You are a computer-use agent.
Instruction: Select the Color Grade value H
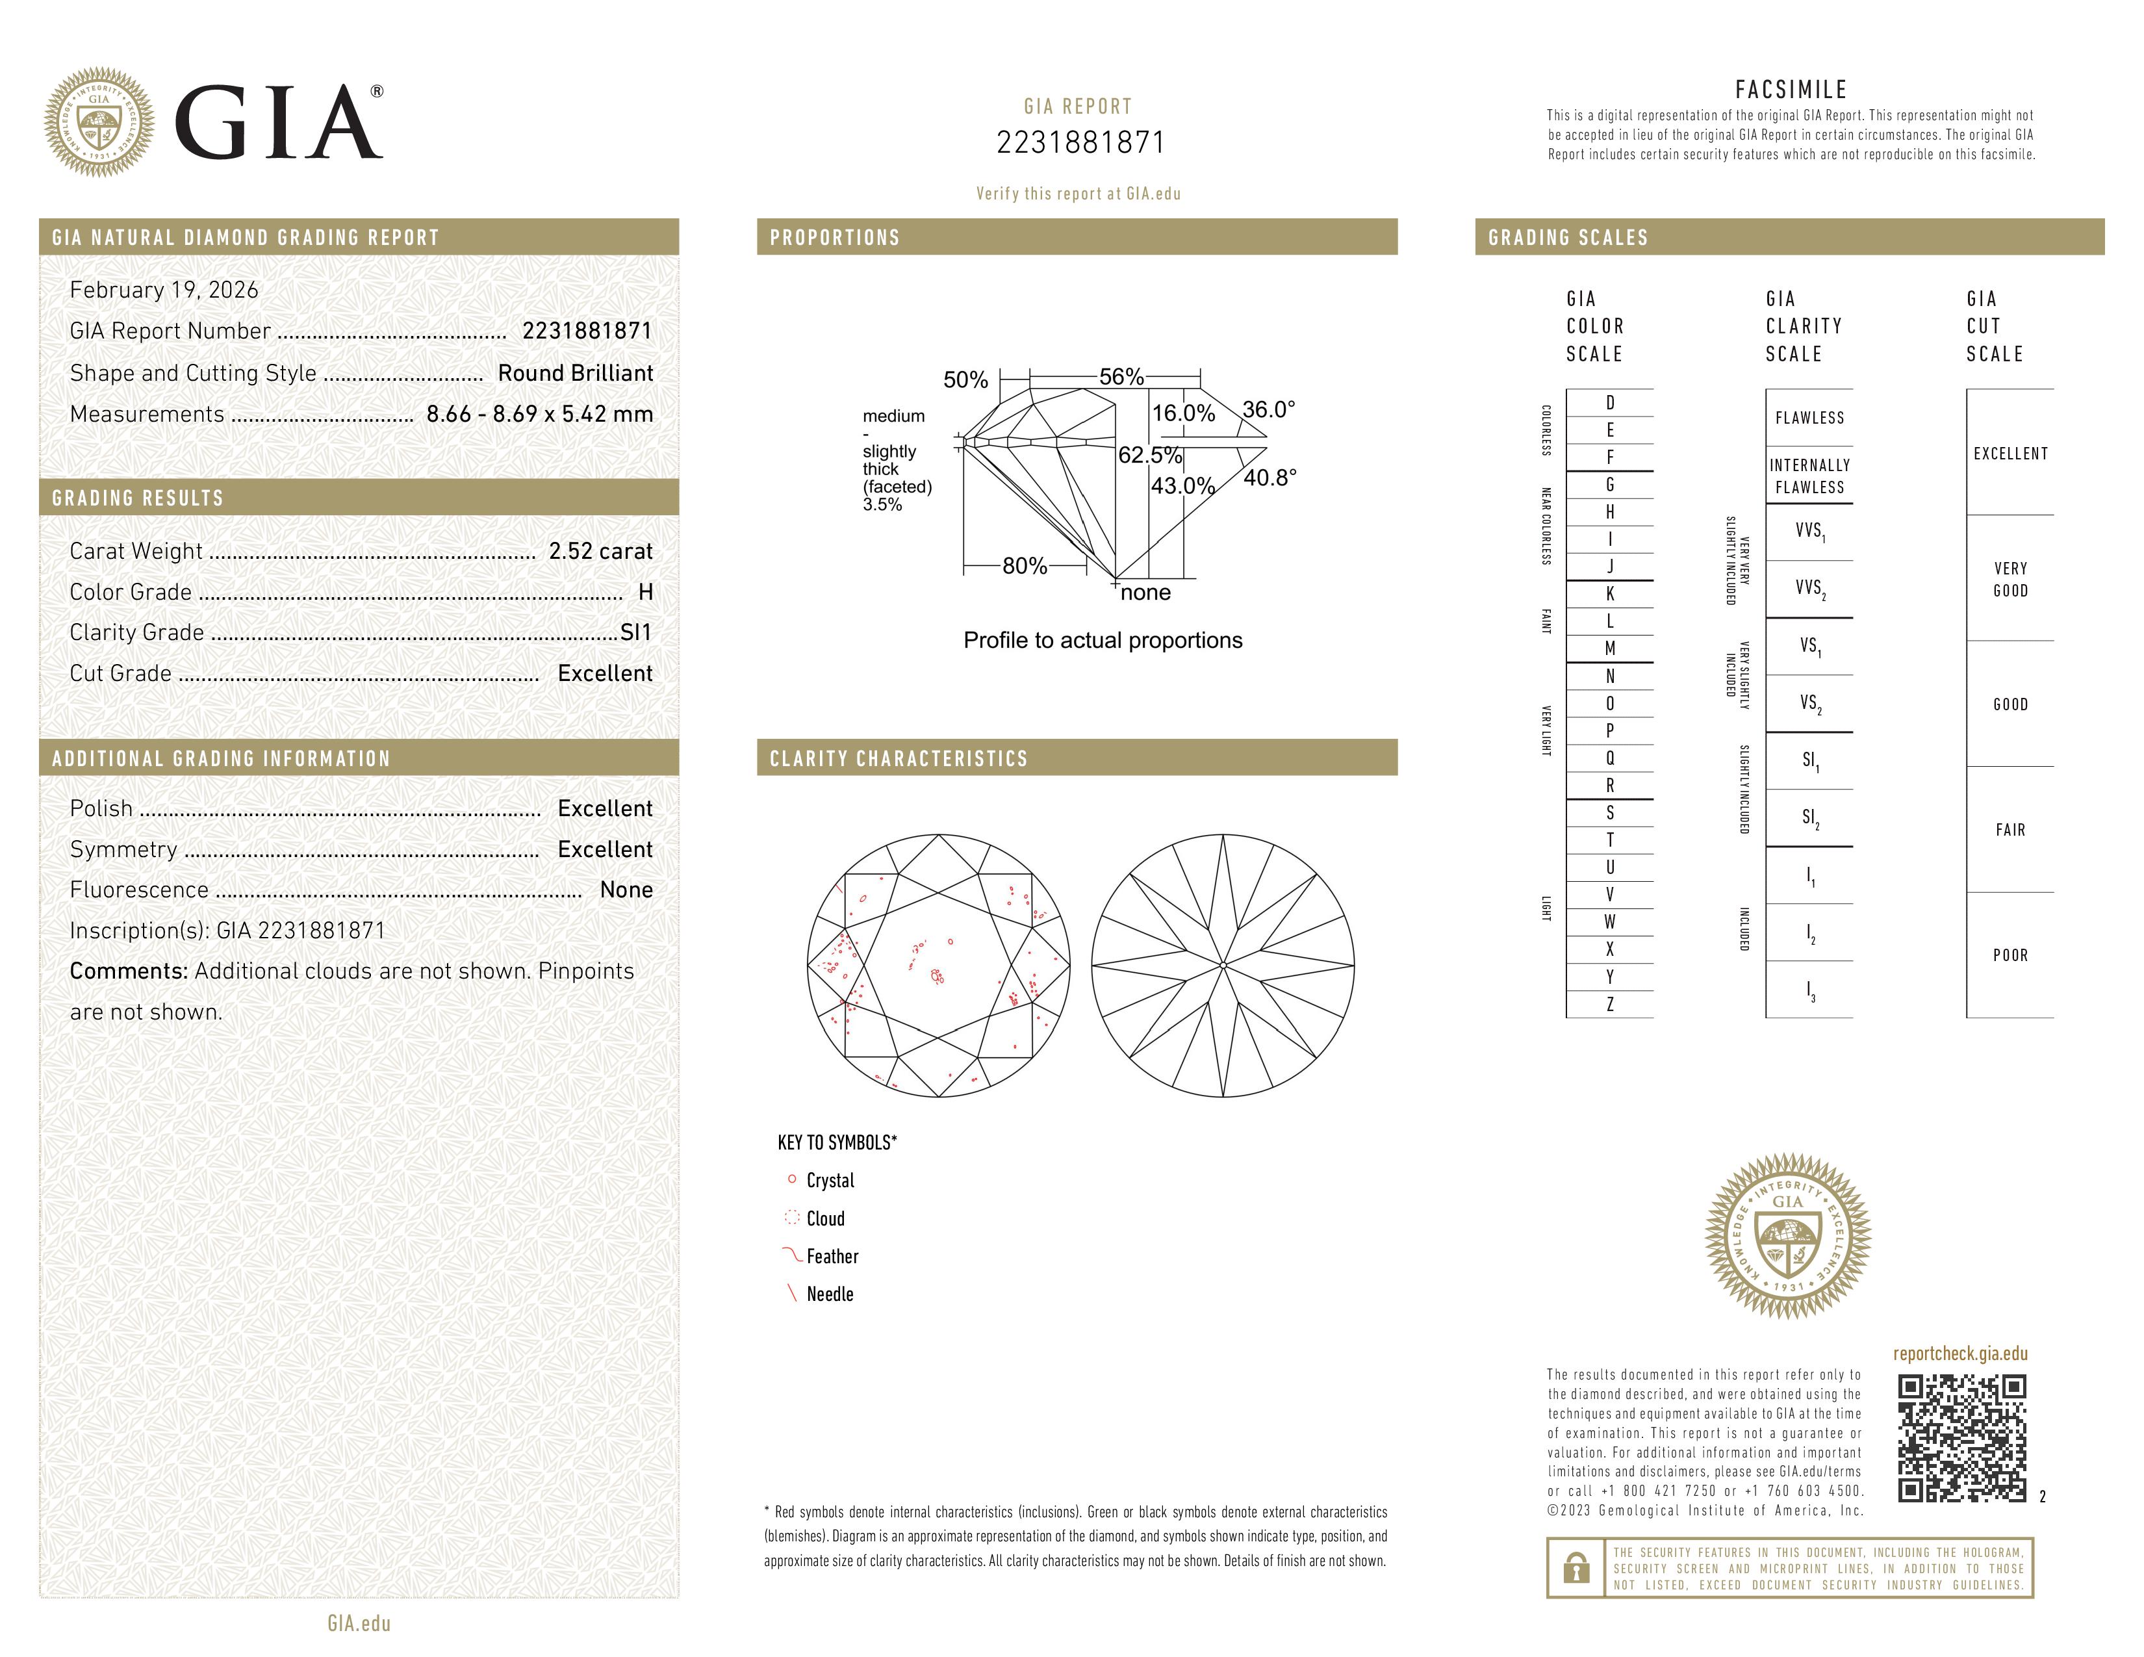click(645, 592)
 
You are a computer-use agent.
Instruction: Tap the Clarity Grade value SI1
click(635, 632)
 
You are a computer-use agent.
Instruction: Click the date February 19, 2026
click(164, 290)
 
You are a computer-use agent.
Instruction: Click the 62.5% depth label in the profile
click(1149, 456)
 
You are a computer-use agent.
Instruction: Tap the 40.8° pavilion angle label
click(1270, 478)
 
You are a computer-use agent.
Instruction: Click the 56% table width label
click(1121, 377)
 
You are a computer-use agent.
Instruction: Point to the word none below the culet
click(1145, 593)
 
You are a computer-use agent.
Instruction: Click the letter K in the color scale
click(1609, 594)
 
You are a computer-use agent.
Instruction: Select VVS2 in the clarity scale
click(1809, 588)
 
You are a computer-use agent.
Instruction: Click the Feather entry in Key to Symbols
click(832, 1257)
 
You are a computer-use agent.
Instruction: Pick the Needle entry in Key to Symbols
click(830, 1294)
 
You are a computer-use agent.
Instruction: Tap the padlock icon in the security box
click(1576, 1568)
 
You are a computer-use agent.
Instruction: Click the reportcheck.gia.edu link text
click(1959, 1354)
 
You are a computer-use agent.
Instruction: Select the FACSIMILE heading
click(1791, 89)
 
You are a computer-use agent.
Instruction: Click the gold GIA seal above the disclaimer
click(1788, 1236)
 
